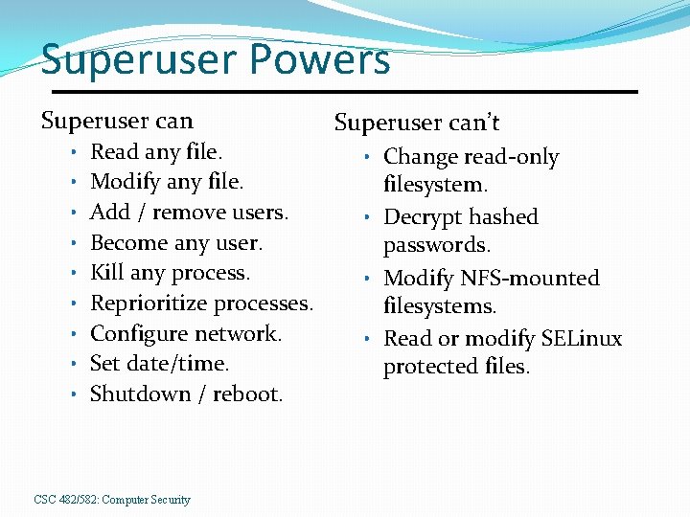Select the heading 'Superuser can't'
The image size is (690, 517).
click(417, 123)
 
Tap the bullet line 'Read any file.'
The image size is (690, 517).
click(156, 151)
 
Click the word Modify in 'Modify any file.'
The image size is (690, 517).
click(124, 182)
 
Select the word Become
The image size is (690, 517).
click(127, 242)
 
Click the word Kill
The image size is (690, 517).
click(104, 273)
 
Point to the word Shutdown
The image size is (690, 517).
click(135, 394)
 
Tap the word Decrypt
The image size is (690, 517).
click(421, 217)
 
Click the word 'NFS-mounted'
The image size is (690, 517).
click(529, 279)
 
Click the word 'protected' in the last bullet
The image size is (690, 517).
click(426, 367)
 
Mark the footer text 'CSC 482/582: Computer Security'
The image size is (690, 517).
click(112, 500)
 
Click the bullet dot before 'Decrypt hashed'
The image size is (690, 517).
click(367, 216)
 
